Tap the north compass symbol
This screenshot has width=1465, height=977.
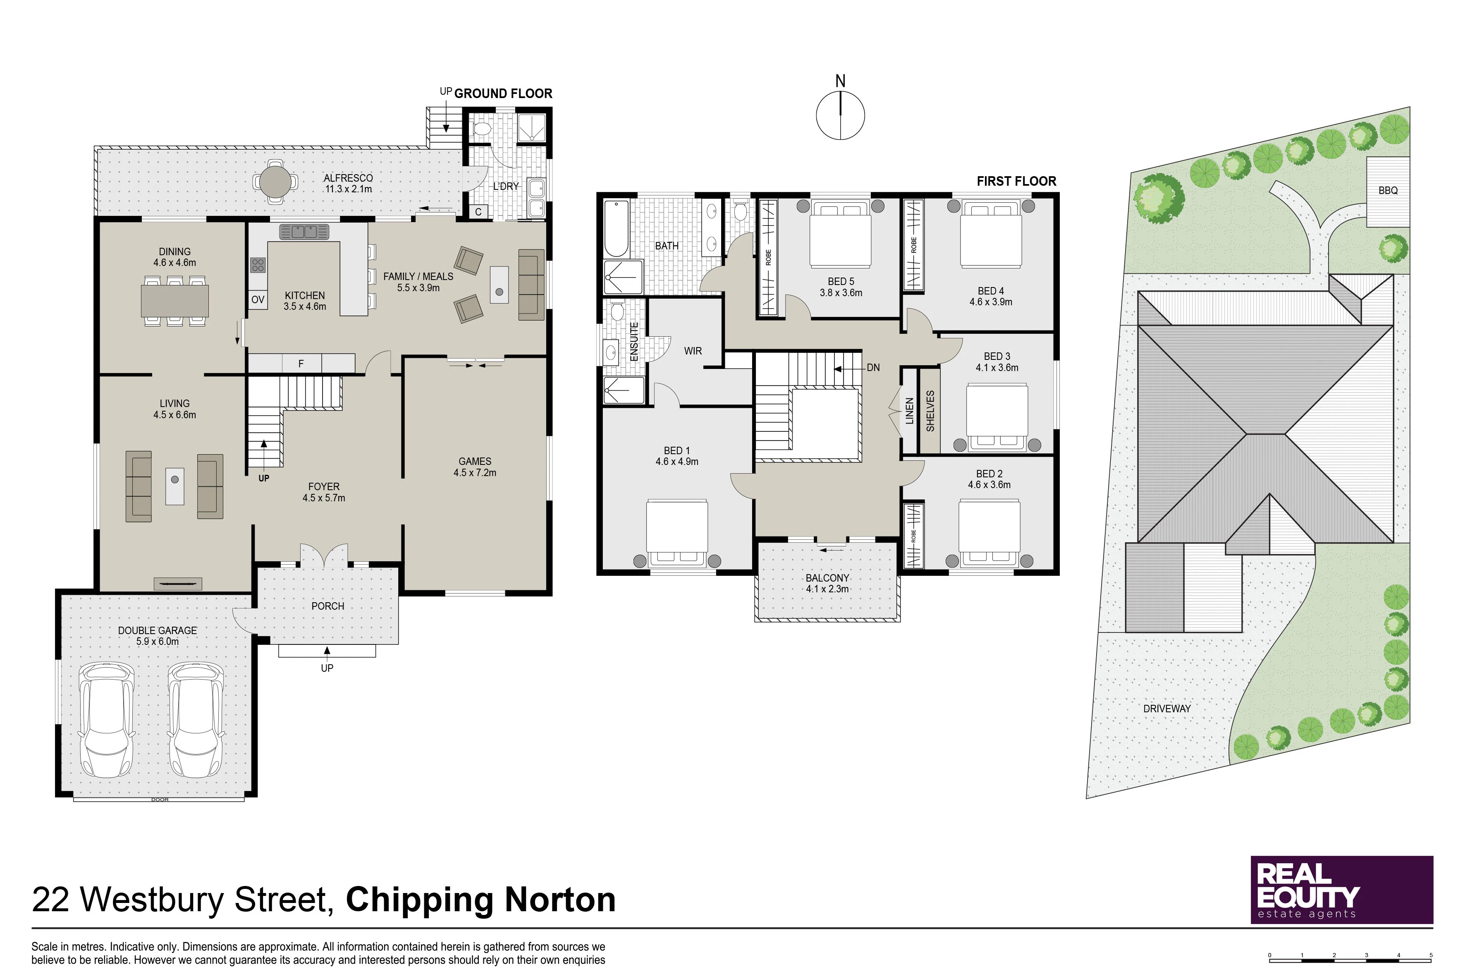click(x=840, y=115)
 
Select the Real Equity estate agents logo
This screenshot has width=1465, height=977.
click(x=1342, y=890)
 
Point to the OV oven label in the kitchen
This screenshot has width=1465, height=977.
click(x=258, y=300)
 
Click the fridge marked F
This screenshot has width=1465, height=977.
click(x=301, y=363)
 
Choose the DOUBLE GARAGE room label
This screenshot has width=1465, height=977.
click(x=157, y=630)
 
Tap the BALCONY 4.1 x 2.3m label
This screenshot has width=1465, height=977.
click(x=827, y=583)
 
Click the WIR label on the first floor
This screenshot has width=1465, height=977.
click(x=693, y=351)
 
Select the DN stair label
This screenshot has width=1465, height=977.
click(x=873, y=368)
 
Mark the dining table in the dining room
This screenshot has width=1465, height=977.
click(x=175, y=301)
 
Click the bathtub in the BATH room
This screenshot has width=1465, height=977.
click(x=617, y=228)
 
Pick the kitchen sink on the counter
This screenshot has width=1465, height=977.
click(x=304, y=232)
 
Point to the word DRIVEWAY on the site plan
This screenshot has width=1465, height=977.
click(x=1166, y=709)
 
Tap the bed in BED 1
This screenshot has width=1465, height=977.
click(x=677, y=533)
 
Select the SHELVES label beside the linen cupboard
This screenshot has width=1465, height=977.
click(x=930, y=411)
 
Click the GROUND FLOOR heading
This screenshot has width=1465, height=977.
click(x=503, y=93)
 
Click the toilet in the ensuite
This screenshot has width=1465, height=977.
click(x=617, y=310)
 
